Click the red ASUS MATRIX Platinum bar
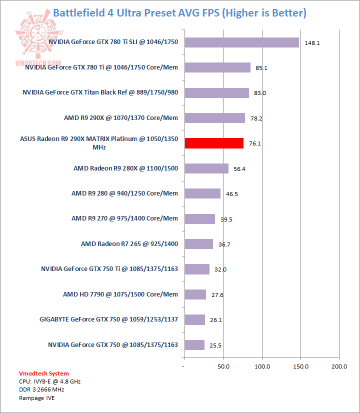click(214, 143)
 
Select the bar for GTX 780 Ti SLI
click(241, 42)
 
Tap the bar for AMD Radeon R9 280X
click(206, 168)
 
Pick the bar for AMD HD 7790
click(195, 294)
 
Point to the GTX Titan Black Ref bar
click(216, 93)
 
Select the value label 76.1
click(255, 144)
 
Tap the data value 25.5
click(216, 345)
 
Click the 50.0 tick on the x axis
click(223, 366)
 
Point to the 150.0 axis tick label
click(300, 366)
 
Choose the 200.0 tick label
click(339, 366)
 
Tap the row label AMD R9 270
click(124, 218)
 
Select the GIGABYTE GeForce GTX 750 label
click(109, 319)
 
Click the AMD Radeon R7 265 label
click(129, 244)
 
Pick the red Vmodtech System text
click(43, 373)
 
